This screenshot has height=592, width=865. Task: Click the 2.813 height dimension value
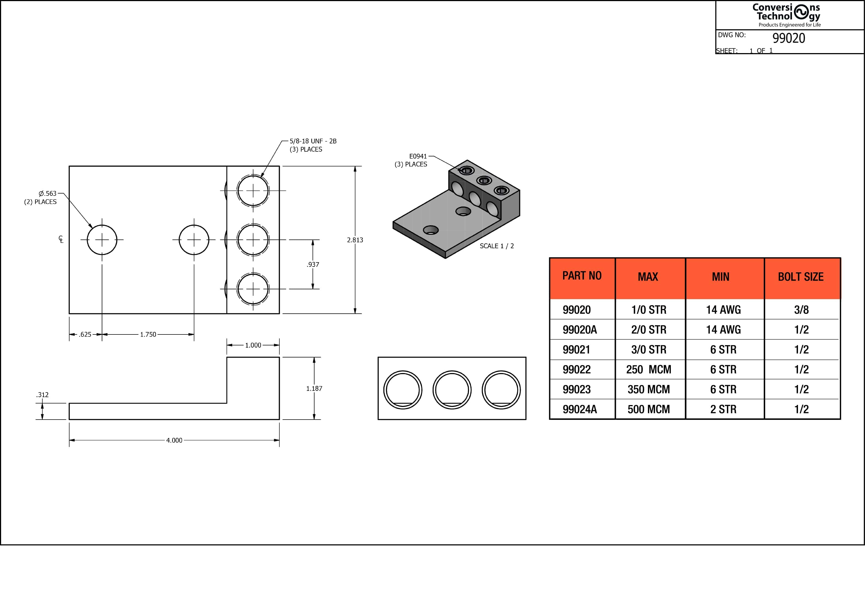pos(355,240)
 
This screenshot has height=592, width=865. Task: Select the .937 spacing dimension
pos(313,264)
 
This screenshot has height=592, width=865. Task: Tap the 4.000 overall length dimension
pos(174,440)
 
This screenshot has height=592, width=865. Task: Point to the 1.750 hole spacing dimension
pos(148,334)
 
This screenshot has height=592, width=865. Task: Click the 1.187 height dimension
pos(314,389)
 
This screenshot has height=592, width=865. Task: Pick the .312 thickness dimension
pos(42,395)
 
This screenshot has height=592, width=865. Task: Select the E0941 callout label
pos(418,157)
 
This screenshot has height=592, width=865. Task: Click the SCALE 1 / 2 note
pos(497,246)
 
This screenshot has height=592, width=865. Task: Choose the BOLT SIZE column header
pos(801,277)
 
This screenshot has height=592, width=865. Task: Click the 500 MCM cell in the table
pos(648,409)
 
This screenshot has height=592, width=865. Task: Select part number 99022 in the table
pos(576,369)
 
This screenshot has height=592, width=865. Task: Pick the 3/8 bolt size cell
pos(801,310)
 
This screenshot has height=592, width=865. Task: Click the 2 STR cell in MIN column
pos(723,409)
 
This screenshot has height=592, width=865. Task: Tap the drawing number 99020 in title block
pos(789,38)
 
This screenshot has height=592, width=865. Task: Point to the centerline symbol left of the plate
pos(61,239)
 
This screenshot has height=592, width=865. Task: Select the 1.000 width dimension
pos(253,345)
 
